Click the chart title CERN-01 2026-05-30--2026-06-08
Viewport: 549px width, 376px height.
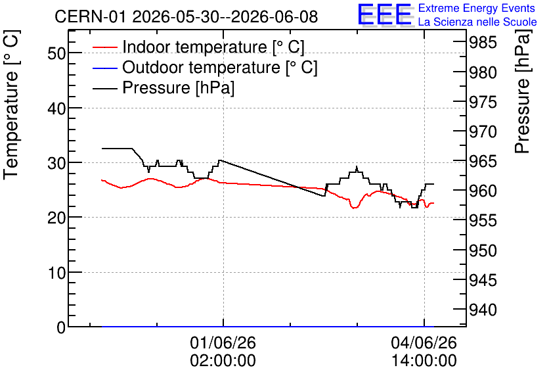pos(187,16)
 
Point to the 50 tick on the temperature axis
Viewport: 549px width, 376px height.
pos(56,54)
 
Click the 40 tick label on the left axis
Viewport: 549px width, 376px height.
pos(56,108)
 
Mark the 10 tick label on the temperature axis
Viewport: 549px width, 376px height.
pos(56,273)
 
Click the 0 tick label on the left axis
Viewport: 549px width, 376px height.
pos(61,327)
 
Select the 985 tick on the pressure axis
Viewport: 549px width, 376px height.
pos(483,43)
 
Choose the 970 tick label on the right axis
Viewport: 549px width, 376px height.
pos(483,131)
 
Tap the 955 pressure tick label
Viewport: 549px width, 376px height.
pos(483,221)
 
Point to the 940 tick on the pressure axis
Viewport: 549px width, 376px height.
pos(483,310)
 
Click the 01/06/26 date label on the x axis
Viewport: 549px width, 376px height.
pos(223,342)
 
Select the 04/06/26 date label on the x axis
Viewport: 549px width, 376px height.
pos(424,342)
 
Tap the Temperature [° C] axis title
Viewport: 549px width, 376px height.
pos(12,105)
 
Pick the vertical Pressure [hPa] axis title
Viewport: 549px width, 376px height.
pos(522,91)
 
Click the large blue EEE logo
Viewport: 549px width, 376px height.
pos(385,14)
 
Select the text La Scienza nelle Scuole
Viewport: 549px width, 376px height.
pos(477,22)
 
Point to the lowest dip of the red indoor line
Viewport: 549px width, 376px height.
pos(355,208)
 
